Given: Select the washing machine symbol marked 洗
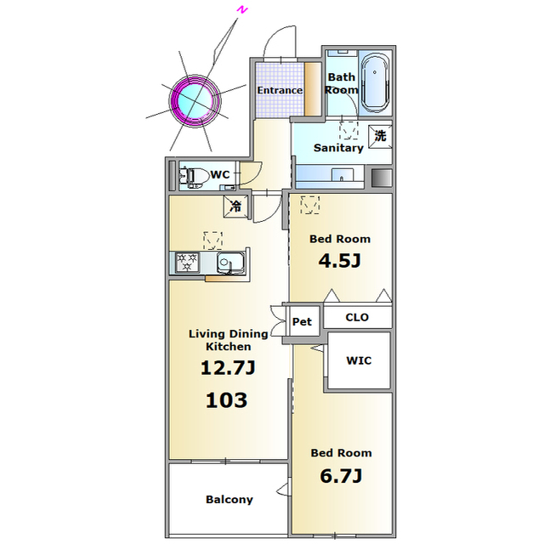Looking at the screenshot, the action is click(380, 136).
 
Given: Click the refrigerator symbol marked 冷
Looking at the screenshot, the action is click(236, 207).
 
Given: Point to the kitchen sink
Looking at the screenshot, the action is click(230, 263).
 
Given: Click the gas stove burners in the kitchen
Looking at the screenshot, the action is click(187, 263).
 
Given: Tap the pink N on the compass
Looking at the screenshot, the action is click(241, 10).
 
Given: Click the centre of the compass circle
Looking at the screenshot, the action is click(195, 101).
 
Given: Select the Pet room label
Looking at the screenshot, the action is click(302, 321).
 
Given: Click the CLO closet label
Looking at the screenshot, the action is click(357, 317).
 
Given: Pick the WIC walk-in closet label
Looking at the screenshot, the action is click(359, 360).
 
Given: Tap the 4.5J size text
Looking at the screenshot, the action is click(340, 261).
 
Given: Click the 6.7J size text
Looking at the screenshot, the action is click(341, 475).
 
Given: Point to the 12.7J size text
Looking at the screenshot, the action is click(228, 368).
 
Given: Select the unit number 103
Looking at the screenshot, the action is click(227, 400).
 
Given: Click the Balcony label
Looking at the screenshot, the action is click(229, 500).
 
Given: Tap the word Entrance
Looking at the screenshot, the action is click(280, 90).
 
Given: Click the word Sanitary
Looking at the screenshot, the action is click(338, 148).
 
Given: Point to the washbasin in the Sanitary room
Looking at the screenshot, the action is click(342, 174).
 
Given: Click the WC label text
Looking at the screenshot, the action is click(220, 174).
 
